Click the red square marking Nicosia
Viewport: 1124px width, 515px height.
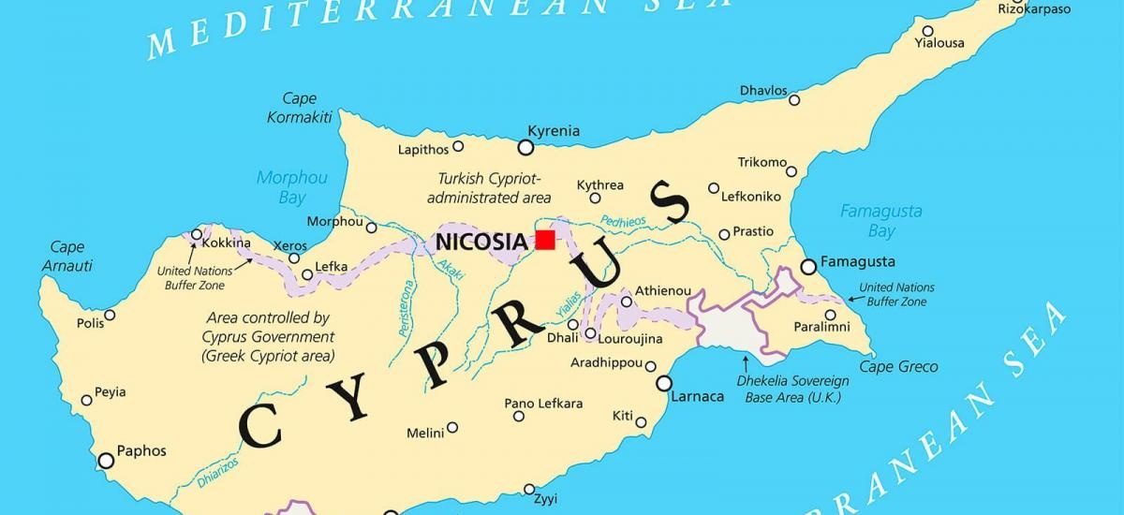pos(545,240)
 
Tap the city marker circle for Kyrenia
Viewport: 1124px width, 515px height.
pos(525,148)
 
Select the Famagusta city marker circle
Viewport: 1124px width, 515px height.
pos(808,267)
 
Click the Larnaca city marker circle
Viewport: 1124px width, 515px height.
pos(664,383)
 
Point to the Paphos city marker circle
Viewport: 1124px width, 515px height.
pos(106,460)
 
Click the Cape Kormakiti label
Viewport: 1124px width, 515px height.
pos(299,108)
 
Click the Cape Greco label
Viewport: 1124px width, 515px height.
pos(898,367)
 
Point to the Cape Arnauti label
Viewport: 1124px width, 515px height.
pos(67,257)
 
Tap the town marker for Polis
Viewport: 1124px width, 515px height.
pos(110,315)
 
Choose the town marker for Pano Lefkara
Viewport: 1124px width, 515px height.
pos(517,417)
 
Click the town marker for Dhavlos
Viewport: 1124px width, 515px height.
pos(794,100)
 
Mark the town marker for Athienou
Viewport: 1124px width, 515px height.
pos(626,302)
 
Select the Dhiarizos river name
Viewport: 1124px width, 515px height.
pos(217,472)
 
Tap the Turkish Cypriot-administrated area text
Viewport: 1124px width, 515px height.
pos(488,187)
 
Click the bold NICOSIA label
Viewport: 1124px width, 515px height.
pos(481,243)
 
